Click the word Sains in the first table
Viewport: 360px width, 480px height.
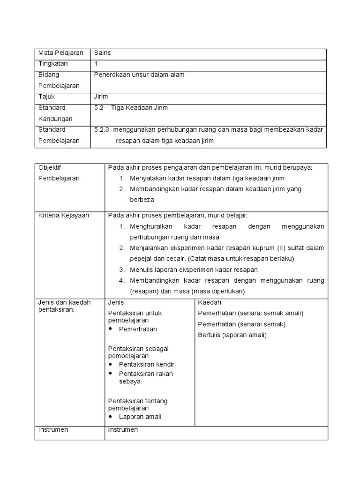pyautogui.click(x=102, y=53)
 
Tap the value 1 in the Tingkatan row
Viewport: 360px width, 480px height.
pyautogui.click(x=96, y=64)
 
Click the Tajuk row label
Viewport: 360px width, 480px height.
pyautogui.click(x=46, y=97)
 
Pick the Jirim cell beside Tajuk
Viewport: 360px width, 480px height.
pyautogui.click(x=101, y=97)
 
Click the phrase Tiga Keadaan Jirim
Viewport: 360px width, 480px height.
pyautogui.click(x=139, y=108)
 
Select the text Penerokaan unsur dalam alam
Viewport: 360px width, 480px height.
pyautogui.click(x=139, y=75)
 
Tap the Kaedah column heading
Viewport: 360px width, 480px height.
pyautogui.click(x=209, y=302)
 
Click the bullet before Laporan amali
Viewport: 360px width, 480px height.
pyautogui.click(x=111, y=417)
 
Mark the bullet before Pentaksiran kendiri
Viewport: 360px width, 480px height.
pyautogui.click(x=111, y=364)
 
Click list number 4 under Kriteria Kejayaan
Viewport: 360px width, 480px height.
pyautogui.click(x=121, y=280)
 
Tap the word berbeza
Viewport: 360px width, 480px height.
pyautogui.click(x=142, y=199)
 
